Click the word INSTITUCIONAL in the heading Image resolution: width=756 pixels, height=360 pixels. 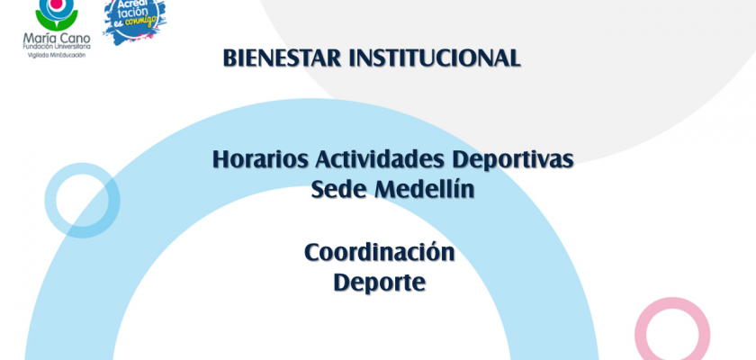(x=435, y=58)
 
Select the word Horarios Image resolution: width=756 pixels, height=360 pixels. (x=260, y=159)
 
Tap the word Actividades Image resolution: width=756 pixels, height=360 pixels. (x=380, y=159)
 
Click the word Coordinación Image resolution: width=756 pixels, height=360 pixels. (x=380, y=252)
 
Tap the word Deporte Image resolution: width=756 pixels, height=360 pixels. (x=380, y=283)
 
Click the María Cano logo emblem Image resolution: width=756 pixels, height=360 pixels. (x=57, y=13)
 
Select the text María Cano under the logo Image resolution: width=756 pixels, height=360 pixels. (x=57, y=38)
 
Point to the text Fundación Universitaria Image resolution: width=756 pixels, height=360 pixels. (x=57, y=47)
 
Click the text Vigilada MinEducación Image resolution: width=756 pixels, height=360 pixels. (x=57, y=55)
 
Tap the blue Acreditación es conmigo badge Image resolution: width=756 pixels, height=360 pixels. (x=134, y=19)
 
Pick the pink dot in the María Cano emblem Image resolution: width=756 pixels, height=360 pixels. (x=57, y=4)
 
